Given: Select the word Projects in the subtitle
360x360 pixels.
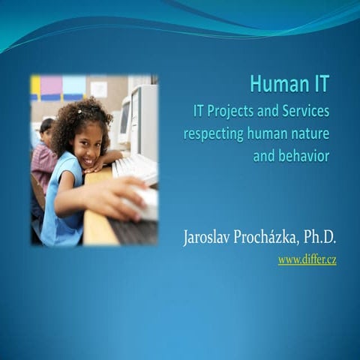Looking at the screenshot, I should click(233, 112).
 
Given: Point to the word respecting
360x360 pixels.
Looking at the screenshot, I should click(215, 134).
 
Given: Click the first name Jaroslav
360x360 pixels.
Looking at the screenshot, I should click(211, 238).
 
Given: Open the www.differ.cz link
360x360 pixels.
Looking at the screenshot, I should click(307, 259).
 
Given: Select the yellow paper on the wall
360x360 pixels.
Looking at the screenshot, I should click(35, 87).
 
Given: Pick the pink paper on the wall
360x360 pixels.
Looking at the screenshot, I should click(51, 85).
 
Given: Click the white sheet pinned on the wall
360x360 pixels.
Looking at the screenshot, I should click(98, 88).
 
